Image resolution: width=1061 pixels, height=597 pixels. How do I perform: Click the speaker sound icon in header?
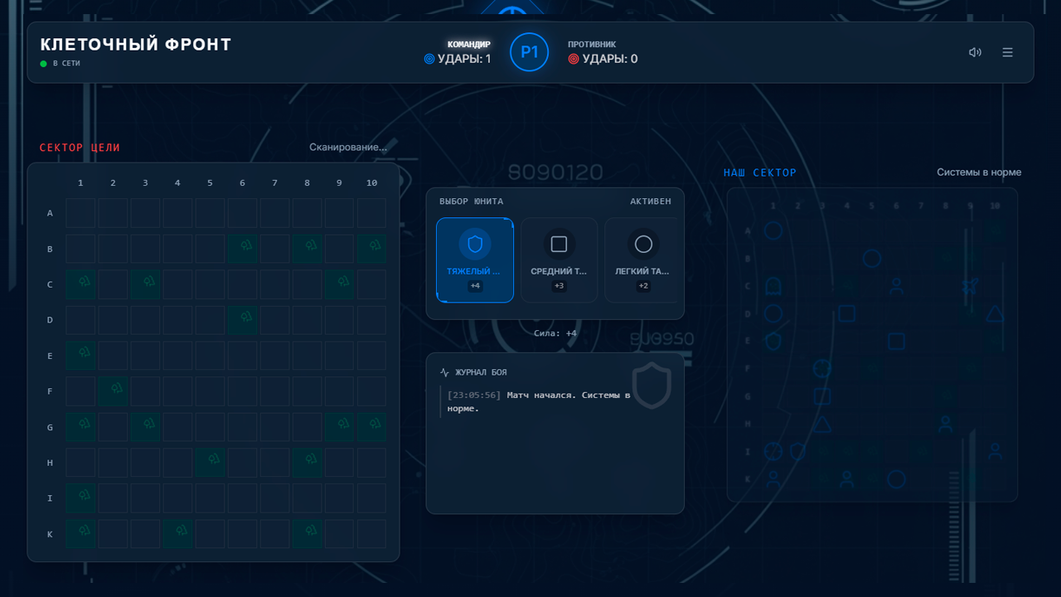(x=975, y=52)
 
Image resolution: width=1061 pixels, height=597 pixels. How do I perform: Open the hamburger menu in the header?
(x=1007, y=52)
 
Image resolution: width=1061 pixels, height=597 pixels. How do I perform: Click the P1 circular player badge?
(x=529, y=52)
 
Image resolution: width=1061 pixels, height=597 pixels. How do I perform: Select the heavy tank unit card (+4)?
(x=475, y=260)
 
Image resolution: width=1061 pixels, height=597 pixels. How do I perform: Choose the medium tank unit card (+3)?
(x=559, y=260)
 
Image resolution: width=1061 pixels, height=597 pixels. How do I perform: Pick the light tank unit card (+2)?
(x=643, y=260)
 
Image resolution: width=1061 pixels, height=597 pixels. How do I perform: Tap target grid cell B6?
(x=242, y=249)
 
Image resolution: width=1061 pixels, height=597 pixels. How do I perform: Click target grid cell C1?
(x=80, y=284)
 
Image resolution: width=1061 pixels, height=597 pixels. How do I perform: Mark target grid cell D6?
(x=242, y=320)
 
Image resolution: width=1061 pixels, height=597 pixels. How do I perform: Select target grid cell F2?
(x=113, y=391)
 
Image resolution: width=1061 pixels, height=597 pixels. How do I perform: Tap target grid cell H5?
(x=210, y=463)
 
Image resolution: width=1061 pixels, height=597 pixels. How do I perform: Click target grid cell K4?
(x=177, y=534)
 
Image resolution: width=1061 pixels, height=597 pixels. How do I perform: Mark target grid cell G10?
(x=371, y=427)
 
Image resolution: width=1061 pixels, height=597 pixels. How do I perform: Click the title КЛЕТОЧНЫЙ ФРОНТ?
(x=136, y=45)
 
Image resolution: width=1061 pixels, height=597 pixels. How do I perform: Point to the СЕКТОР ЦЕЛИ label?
(x=80, y=148)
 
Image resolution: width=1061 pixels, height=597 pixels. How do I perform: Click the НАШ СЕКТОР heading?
(x=759, y=172)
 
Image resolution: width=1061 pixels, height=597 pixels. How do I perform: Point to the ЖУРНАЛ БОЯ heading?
(x=480, y=372)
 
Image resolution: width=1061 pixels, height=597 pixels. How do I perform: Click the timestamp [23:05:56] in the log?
(x=474, y=396)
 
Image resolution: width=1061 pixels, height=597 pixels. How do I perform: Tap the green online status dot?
(x=44, y=64)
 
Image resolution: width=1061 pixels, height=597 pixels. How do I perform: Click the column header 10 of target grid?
(x=371, y=183)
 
